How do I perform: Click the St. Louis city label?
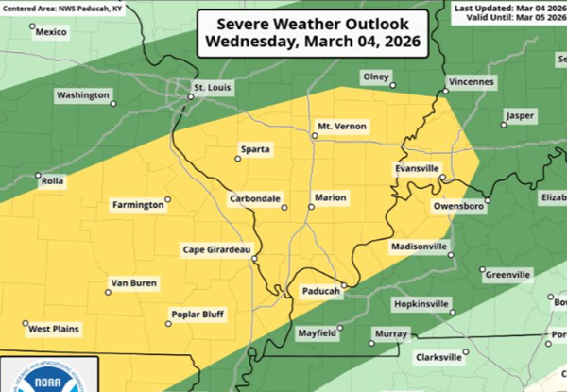[213, 89]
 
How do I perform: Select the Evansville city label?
[417, 167]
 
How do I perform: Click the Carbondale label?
[255, 199]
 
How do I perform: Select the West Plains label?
[54, 330]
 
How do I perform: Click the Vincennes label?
[469, 82]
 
